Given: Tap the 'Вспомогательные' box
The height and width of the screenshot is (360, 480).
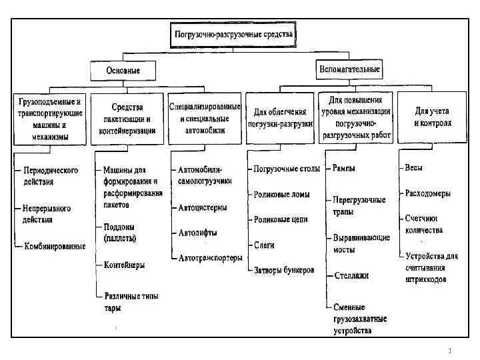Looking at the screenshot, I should click(348, 69).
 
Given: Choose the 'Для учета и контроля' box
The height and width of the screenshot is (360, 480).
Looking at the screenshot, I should click(433, 118).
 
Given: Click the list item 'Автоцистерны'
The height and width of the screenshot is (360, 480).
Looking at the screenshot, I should click(203, 207).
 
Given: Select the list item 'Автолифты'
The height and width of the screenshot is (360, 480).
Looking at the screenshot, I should click(197, 233).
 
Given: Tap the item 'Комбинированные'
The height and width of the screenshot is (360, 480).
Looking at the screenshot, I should click(55, 246).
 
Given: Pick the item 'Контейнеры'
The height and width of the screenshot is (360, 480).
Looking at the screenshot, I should click(124, 265).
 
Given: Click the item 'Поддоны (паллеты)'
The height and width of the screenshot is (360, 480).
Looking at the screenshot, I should click(120, 233).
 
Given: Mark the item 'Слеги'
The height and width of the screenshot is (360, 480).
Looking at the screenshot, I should click(264, 245).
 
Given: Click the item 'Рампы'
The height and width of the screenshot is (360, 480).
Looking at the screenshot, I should click(344, 169).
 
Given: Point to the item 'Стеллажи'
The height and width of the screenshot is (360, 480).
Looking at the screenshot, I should click(351, 275).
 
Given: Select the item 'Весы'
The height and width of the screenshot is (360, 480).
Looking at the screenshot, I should click(414, 168).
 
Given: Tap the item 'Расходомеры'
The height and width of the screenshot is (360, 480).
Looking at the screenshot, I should click(427, 193).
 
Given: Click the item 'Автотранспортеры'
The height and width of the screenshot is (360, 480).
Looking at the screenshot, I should click(210, 258).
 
